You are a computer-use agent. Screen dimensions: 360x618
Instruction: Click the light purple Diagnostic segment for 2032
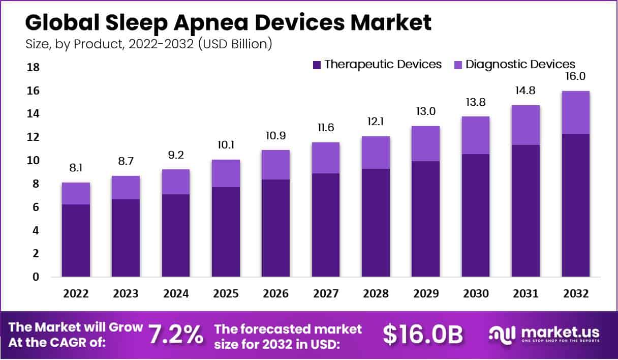(575, 112)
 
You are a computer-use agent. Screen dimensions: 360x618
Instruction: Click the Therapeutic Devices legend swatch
(317, 65)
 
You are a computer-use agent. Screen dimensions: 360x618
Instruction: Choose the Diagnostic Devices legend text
(520, 64)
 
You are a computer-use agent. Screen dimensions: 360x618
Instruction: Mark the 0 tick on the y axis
(35, 277)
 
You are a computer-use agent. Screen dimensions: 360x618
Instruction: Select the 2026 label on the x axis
(275, 294)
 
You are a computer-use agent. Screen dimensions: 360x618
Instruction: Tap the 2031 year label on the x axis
(526, 294)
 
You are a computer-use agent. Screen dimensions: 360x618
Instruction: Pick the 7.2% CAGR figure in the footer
(176, 335)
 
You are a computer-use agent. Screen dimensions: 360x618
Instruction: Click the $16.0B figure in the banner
(422, 335)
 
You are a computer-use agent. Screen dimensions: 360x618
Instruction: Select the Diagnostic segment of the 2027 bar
(326, 158)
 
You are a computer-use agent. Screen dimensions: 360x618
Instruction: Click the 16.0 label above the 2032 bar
(576, 77)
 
